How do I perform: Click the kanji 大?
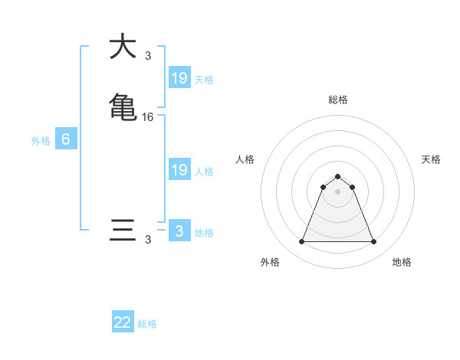[123, 47]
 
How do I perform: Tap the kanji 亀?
[123, 106]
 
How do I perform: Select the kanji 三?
[123, 231]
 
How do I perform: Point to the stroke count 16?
[148, 116]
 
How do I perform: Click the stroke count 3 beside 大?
[148, 55]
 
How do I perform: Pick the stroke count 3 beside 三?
[148, 240]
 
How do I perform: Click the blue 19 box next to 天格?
[179, 77]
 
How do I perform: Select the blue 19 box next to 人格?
[179, 170]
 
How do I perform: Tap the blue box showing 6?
[66, 139]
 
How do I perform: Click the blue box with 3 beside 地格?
[179, 231]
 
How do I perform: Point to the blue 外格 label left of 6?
[41, 141]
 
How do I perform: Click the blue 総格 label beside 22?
[147, 324]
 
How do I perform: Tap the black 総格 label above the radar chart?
[338, 100]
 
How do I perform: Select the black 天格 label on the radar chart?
[431, 159]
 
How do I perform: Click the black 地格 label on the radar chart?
[402, 262]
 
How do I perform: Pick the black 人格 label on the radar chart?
[245, 159]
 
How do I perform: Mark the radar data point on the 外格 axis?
[301, 242]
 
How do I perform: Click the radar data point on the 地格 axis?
[374, 242]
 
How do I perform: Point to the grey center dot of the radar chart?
[338, 191]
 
